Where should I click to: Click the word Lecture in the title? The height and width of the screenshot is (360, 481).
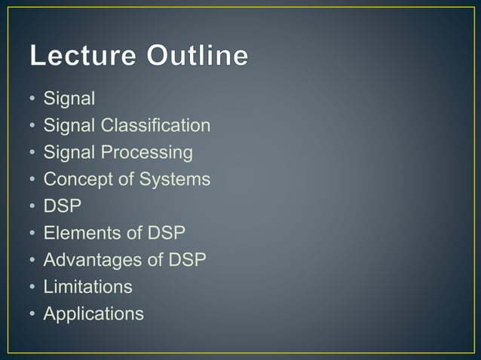[84, 56]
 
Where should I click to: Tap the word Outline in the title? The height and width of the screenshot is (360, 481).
[198, 56]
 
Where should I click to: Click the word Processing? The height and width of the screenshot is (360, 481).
[147, 153]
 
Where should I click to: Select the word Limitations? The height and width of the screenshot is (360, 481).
[87, 287]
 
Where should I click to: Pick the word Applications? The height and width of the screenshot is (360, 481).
[93, 314]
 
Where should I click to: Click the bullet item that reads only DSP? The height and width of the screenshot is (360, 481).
[62, 206]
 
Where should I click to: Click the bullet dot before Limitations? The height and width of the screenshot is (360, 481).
[32, 288]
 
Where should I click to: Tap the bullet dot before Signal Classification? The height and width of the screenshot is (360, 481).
[32, 126]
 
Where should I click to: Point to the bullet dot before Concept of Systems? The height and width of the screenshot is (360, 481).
[32, 180]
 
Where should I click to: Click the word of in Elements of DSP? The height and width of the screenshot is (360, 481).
[133, 233]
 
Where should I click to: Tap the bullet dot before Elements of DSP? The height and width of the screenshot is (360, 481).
[32, 233]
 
